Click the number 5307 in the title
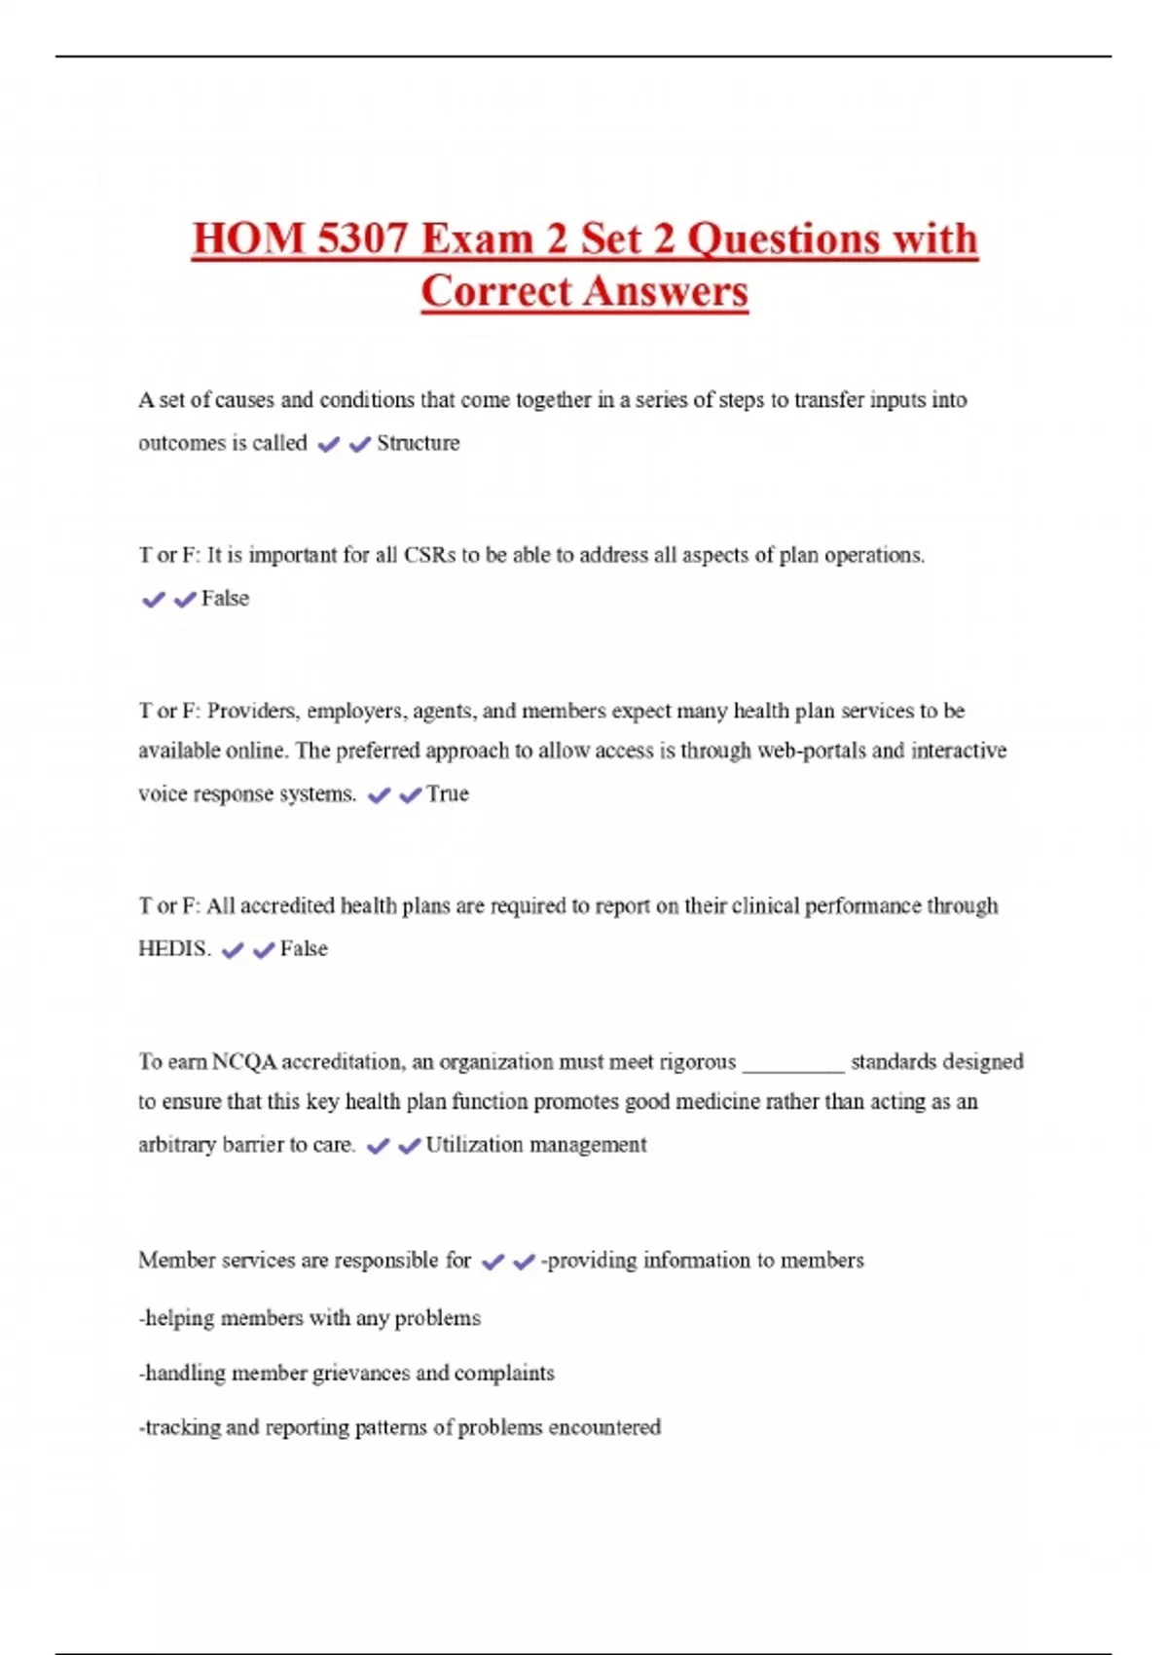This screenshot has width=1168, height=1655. tap(361, 239)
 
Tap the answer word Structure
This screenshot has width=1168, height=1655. tap(418, 443)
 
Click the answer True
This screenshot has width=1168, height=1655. tap(447, 793)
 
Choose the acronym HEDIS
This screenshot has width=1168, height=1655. tap(174, 949)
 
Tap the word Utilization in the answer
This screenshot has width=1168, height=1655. tap(474, 1145)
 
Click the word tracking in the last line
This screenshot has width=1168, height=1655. tap(182, 1427)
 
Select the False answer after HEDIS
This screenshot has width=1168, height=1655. tap(304, 949)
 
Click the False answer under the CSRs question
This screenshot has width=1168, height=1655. tap(225, 599)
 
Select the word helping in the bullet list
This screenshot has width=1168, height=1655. tap(180, 1318)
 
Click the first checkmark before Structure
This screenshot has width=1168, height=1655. tap(329, 444)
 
